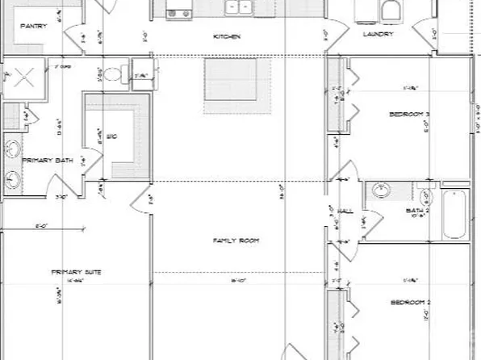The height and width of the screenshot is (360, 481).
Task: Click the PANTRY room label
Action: coord(33,26)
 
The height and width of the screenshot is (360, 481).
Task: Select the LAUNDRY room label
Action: coord(378,35)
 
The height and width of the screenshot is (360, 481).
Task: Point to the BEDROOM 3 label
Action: coord(408,115)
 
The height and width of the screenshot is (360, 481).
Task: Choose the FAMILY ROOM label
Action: coord(230,241)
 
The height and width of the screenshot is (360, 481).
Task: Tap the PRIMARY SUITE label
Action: coord(68,272)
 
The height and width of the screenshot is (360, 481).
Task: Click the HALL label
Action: coord(345,211)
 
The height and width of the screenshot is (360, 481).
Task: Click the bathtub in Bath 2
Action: coord(455,214)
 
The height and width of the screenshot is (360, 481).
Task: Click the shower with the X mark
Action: coord(21,78)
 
